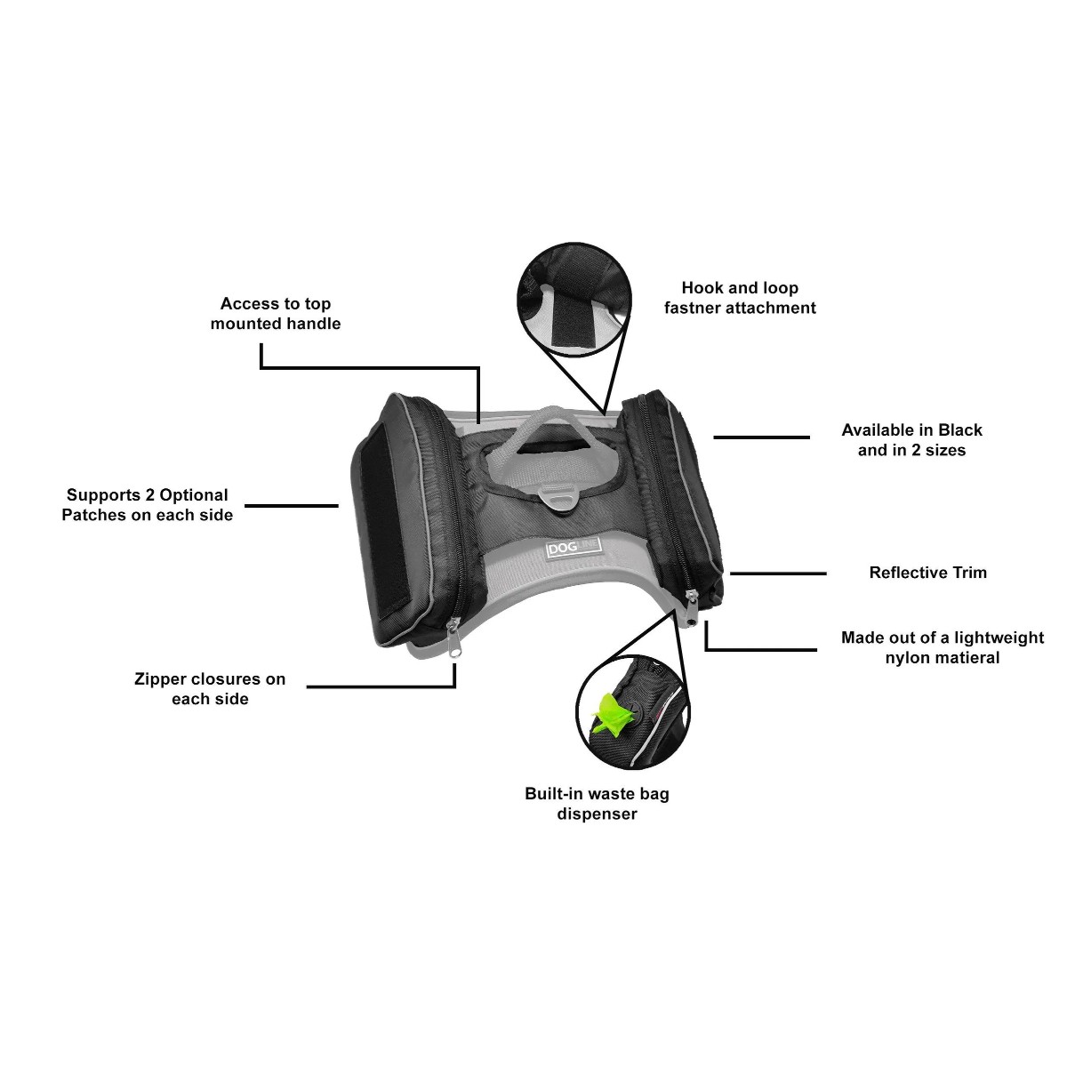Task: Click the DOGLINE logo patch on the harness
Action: tap(574, 549)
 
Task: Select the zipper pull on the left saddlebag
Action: tap(454, 638)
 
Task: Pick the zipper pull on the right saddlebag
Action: tap(692, 608)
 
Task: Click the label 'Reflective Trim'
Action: tap(927, 572)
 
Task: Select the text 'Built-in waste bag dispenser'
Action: tap(597, 804)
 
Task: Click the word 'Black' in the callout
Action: tap(959, 429)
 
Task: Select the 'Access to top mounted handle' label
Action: tap(275, 313)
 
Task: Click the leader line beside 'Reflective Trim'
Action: tap(778, 574)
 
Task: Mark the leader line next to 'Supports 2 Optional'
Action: tap(292, 506)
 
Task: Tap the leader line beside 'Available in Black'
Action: tap(761, 437)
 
